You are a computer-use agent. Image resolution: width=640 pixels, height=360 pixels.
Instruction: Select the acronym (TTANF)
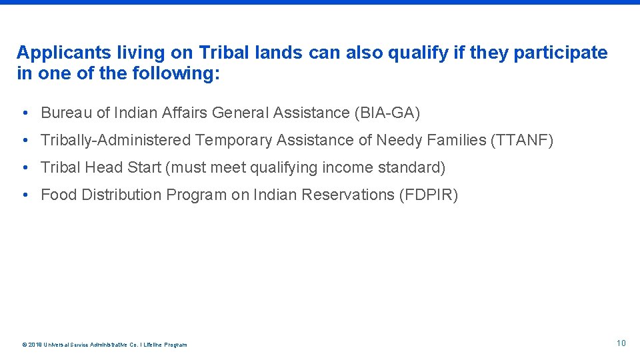point(522,140)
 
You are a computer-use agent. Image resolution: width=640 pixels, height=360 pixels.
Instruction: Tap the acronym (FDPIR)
point(428,195)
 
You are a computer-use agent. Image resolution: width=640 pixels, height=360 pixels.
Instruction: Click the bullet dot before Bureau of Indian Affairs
point(24,113)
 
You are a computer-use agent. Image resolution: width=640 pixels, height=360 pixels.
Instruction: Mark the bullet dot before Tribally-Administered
point(24,140)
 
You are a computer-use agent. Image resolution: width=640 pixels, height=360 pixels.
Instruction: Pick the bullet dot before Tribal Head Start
point(24,167)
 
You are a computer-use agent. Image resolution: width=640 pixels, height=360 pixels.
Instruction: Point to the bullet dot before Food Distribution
point(24,195)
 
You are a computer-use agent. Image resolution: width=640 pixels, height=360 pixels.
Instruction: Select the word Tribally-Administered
point(115,140)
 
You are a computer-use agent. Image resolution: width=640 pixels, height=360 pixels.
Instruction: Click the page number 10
point(621,343)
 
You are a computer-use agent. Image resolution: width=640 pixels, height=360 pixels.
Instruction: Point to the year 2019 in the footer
point(34,345)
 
